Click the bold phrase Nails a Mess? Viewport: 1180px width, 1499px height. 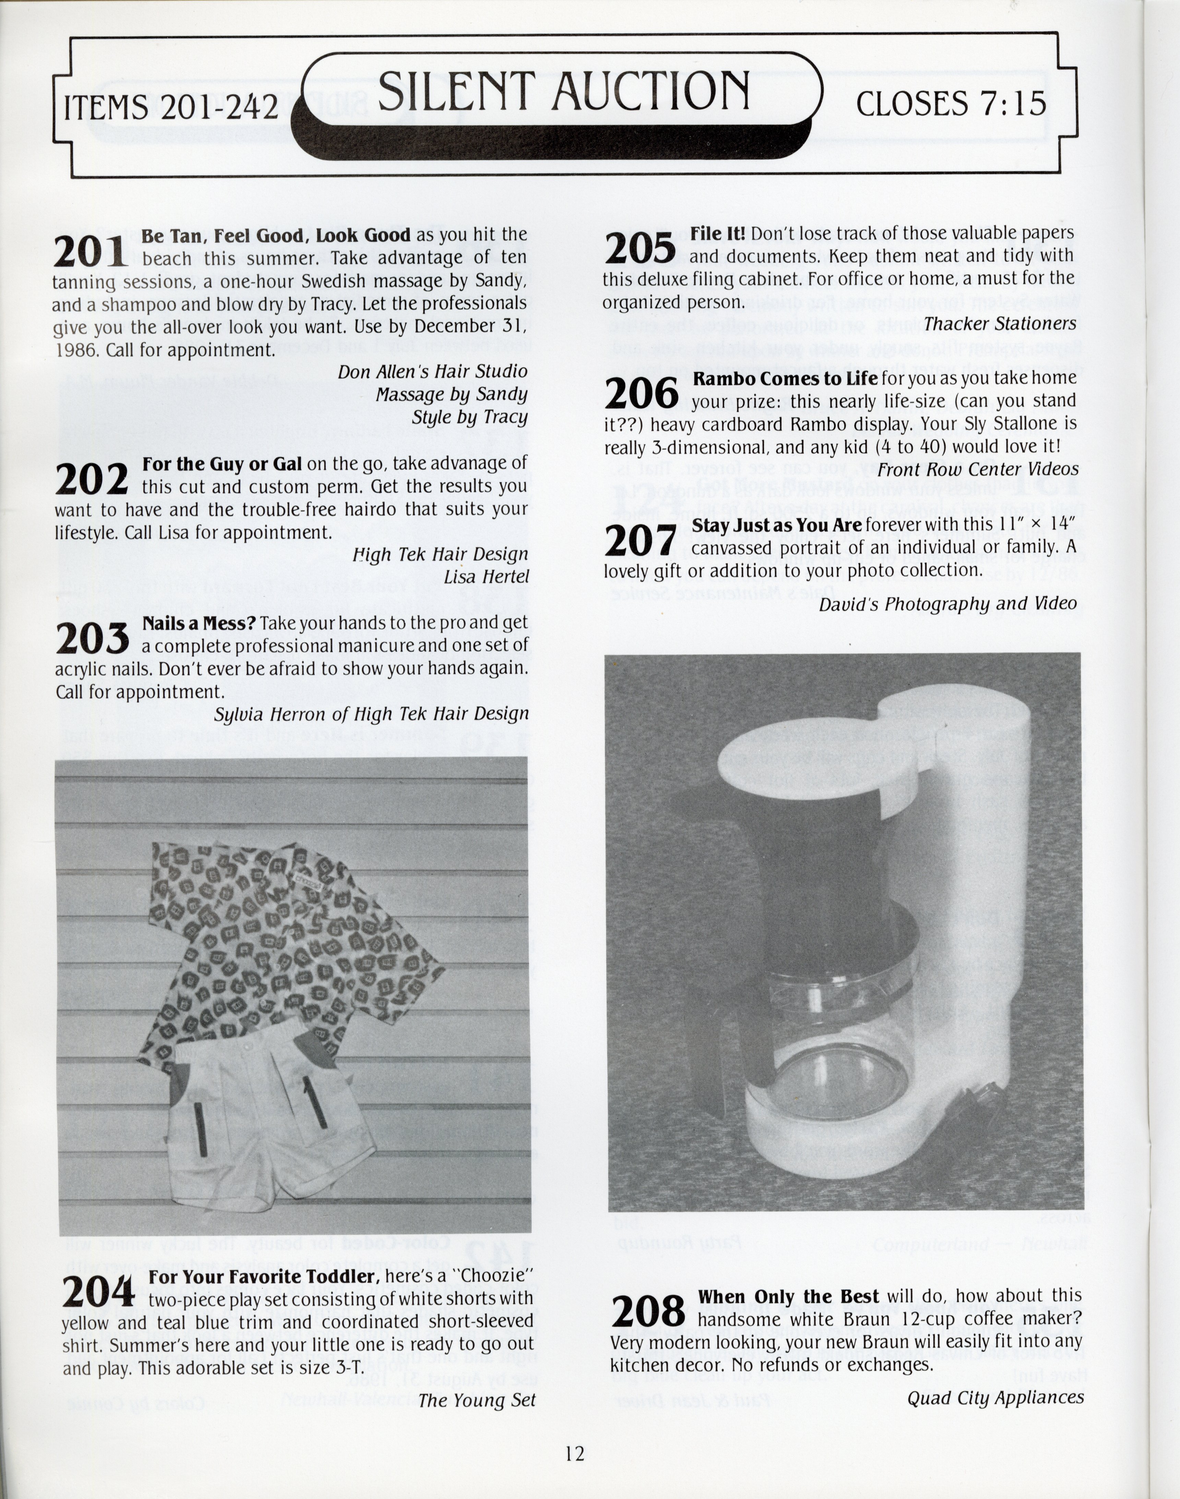[199, 623]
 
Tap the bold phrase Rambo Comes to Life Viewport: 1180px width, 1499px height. [785, 378]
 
